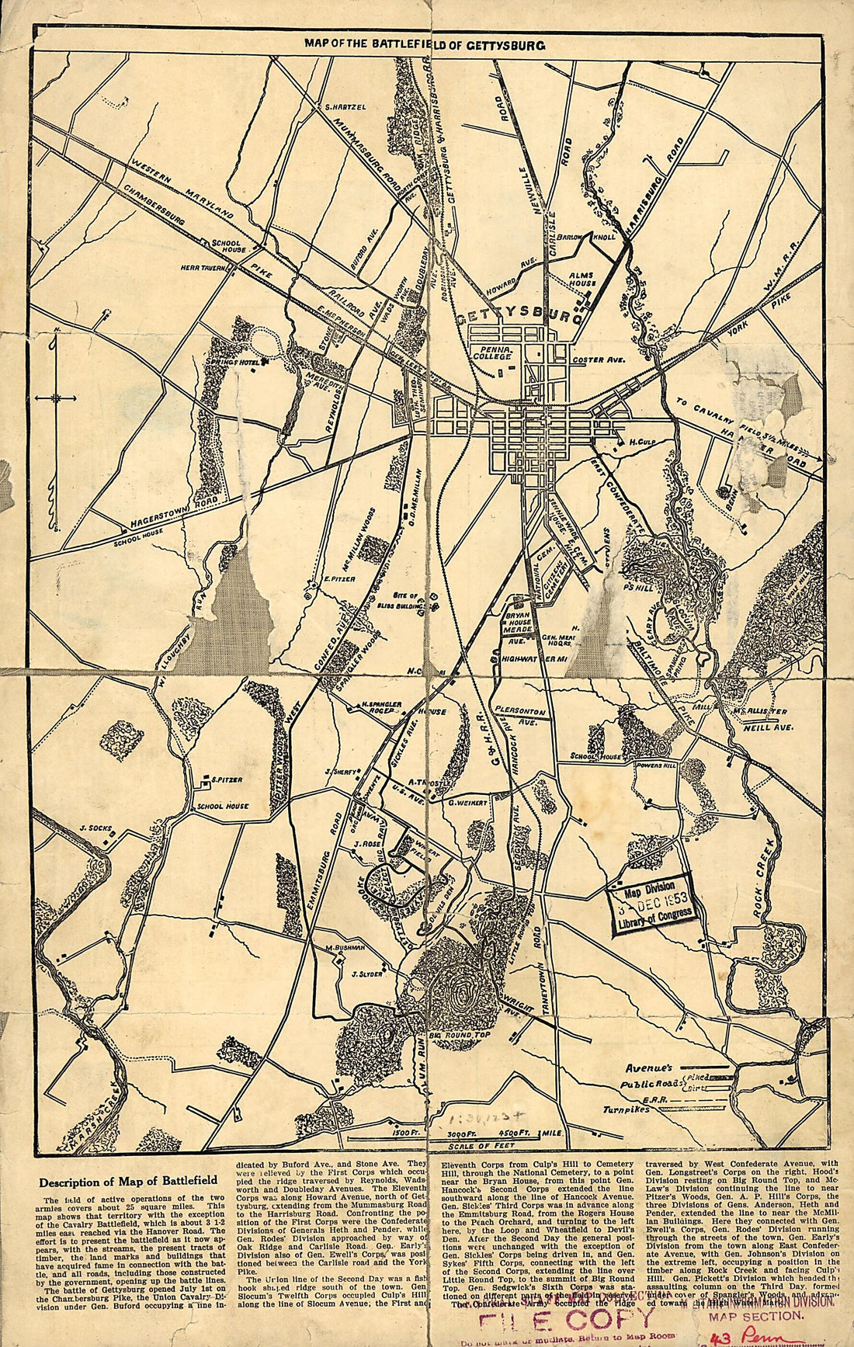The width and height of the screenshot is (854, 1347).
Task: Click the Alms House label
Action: click(x=581, y=280)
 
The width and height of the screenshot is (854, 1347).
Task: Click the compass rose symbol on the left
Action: click(x=57, y=398)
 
